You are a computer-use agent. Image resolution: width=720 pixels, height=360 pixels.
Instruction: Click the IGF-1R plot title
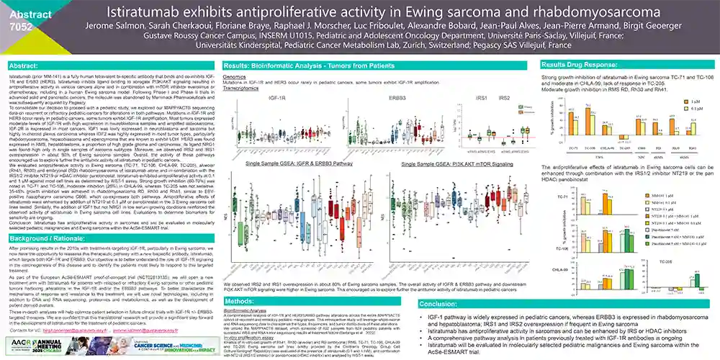click(x=276, y=97)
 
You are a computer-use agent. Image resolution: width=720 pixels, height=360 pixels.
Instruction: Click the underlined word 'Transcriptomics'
click(x=243, y=86)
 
